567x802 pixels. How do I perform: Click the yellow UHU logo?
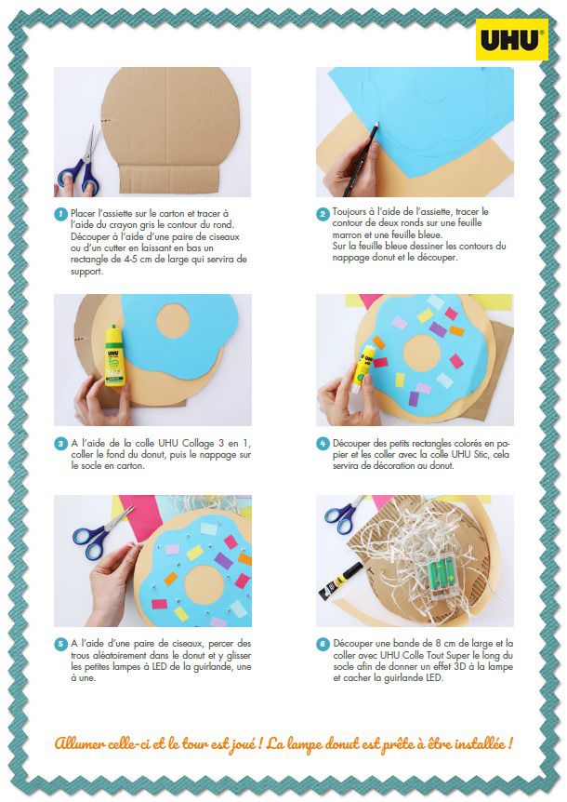tap(512, 40)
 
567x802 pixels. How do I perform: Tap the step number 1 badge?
tap(60, 214)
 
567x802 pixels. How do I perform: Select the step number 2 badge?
tap(323, 214)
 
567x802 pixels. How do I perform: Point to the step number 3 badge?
tap(60, 444)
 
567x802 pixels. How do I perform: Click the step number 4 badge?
tap(323, 444)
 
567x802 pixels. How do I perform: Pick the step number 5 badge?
tap(60, 644)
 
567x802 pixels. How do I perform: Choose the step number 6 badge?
tap(323, 644)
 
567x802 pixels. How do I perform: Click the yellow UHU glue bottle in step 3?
tap(114, 355)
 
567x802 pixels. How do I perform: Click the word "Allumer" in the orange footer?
tap(80, 743)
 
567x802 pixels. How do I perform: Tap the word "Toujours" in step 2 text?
tap(349, 212)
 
